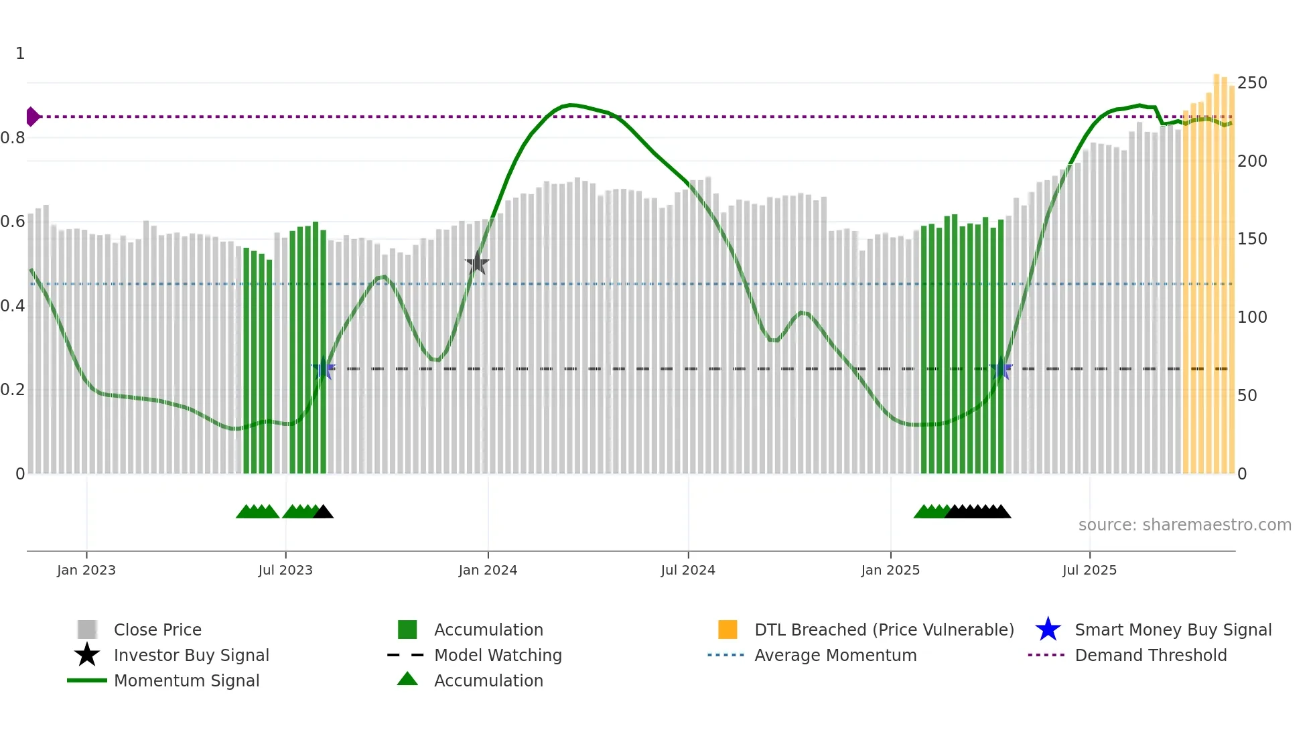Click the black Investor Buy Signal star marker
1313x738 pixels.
(477, 263)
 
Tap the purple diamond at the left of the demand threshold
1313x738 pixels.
(32, 117)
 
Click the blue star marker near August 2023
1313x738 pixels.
(324, 368)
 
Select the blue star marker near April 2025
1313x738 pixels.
(1001, 368)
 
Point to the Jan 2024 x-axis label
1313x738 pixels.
(488, 570)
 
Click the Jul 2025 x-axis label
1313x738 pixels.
(1089, 570)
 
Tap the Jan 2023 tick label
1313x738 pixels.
(86, 570)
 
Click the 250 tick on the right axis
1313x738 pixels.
(1251, 83)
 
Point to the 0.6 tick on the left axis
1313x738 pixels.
(13, 222)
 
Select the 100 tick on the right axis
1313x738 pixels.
(1251, 317)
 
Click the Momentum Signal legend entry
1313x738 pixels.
(186, 680)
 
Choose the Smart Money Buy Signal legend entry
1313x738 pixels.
(1172, 630)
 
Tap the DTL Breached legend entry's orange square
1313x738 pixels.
(728, 630)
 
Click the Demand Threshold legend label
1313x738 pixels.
(1150, 655)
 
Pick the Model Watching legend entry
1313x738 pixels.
(497, 655)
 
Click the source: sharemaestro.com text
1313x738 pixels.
(1184, 525)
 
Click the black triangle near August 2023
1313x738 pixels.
(324, 512)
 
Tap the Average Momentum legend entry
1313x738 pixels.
(835, 655)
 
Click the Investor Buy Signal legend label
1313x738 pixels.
(191, 655)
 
